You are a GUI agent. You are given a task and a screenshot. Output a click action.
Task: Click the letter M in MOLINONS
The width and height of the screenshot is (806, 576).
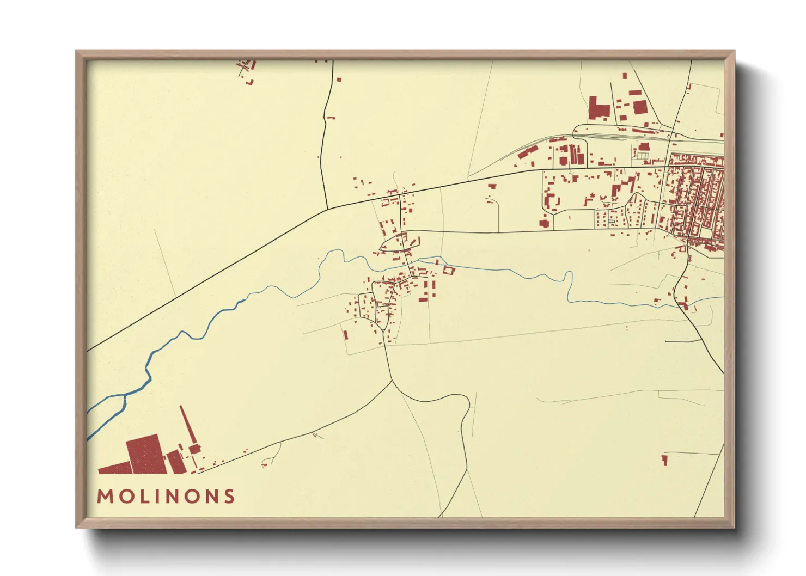pos(104,497)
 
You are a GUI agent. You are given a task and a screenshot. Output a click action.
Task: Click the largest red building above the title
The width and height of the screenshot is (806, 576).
pos(146,454)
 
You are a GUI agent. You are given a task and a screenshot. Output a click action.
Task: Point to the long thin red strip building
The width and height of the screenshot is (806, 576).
pos(188,425)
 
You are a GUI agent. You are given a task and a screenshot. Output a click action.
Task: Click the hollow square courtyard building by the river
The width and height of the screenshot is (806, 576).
pos(448,270)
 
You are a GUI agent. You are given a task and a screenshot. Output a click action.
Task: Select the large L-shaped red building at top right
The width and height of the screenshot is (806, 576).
pos(598,108)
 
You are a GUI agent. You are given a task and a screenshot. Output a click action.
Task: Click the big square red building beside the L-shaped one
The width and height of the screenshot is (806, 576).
pos(640,107)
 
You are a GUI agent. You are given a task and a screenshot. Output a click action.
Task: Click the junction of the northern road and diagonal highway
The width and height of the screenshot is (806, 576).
pos(327,209)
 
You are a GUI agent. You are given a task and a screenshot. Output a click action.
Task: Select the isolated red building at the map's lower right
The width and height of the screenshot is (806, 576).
pos(664,460)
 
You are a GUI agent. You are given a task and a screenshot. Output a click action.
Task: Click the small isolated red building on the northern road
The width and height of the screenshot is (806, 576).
pos(339,80)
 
